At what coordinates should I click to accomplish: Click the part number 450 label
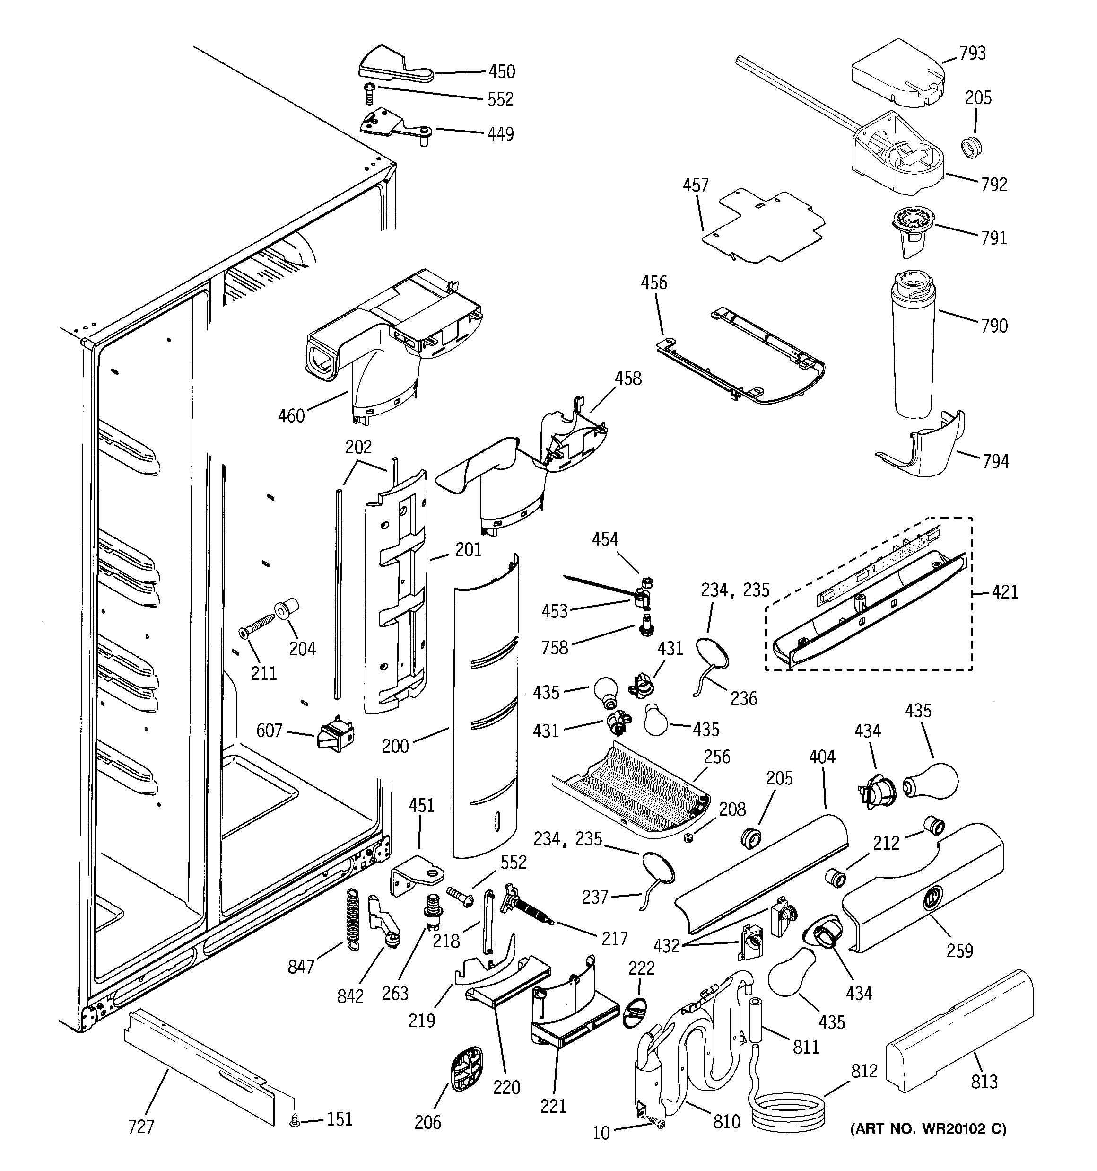502,72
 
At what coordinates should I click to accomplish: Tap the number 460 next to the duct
291,416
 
